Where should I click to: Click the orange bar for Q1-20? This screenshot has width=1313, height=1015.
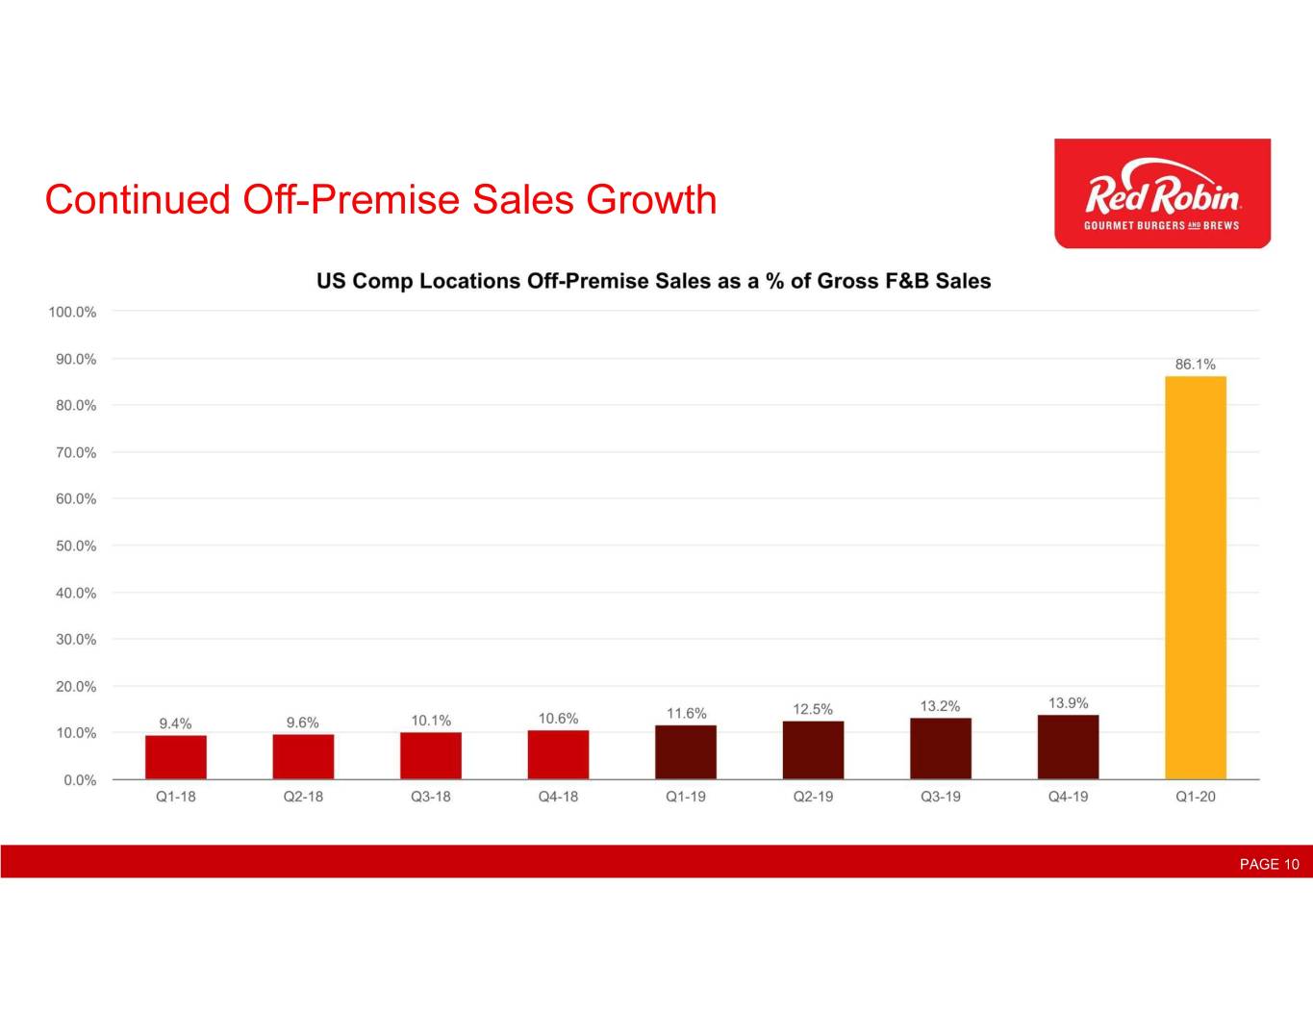pyautogui.click(x=1195, y=577)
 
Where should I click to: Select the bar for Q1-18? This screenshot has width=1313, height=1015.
pyautogui.click(x=175, y=757)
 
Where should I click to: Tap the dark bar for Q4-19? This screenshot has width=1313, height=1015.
pyautogui.click(x=1068, y=747)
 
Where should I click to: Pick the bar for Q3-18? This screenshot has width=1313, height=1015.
pyautogui.click(x=430, y=755)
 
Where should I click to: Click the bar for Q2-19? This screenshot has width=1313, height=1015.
pyautogui.click(x=813, y=749)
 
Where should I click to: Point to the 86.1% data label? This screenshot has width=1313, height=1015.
pyautogui.click(x=1195, y=365)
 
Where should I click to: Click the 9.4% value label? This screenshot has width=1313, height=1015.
pyautogui.click(x=175, y=723)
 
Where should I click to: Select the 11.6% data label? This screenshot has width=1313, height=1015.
pyautogui.click(x=686, y=713)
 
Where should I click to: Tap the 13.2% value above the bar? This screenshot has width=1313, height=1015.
pyautogui.click(x=940, y=706)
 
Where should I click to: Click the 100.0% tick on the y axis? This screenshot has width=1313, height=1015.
pyautogui.click(x=72, y=312)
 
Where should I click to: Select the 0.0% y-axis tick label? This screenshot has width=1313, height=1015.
pyautogui.click(x=80, y=780)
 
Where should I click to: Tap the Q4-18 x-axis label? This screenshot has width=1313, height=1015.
pyautogui.click(x=558, y=797)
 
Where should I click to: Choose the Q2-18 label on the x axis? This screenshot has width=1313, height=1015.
pyautogui.click(x=303, y=797)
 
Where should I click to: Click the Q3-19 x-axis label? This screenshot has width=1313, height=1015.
pyautogui.click(x=940, y=797)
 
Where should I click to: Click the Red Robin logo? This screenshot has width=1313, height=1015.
pyautogui.click(x=1162, y=193)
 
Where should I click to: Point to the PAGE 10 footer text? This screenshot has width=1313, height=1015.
pyautogui.click(x=1269, y=864)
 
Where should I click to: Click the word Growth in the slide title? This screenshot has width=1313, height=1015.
pyautogui.click(x=651, y=200)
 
